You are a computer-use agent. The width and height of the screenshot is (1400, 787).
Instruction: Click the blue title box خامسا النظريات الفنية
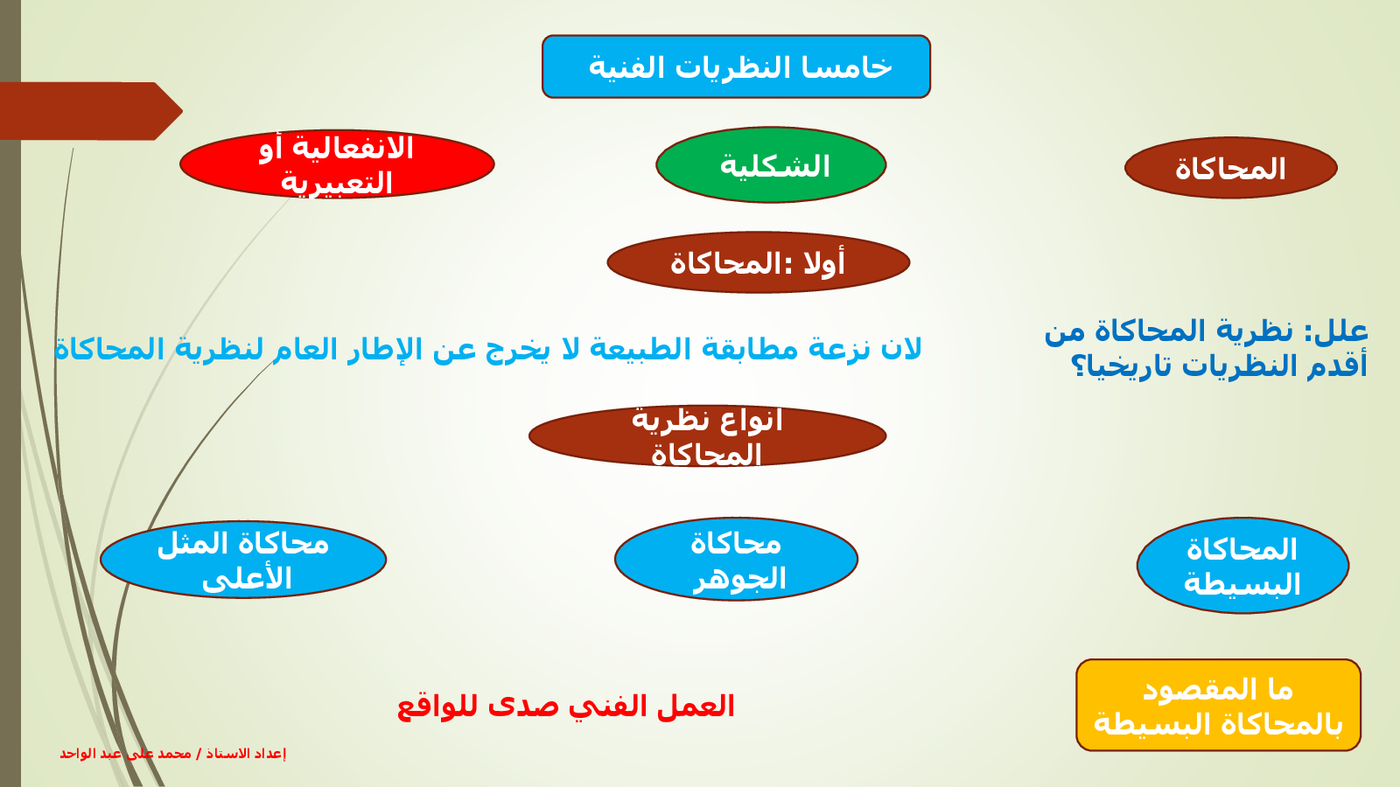tap(736, 66)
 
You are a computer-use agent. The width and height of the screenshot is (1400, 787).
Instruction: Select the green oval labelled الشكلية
tap(771, 165)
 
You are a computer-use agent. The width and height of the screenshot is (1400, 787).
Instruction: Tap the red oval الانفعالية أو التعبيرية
tap(337, 164)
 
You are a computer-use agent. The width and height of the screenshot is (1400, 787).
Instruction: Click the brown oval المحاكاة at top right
tap(1230, 168)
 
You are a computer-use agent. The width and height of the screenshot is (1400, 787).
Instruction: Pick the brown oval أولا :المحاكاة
tap(758, 262)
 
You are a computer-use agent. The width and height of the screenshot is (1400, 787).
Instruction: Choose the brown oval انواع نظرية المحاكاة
tap(708, 435)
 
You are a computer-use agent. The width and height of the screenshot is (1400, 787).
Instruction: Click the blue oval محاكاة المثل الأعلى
tap(243, 560)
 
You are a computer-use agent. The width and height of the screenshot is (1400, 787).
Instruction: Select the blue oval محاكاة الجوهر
tap(736, 559)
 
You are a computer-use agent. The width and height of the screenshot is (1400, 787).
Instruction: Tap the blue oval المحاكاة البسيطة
tap(1243, 565)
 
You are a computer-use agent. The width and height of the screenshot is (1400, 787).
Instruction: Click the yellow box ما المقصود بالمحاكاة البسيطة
tap(1219, 705)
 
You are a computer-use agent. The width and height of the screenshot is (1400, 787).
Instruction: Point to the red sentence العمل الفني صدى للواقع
tap(566, 707)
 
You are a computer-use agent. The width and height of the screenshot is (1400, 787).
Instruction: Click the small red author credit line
tap(173, 754)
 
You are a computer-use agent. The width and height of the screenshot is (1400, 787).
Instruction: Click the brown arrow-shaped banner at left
tap(91, 111)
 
